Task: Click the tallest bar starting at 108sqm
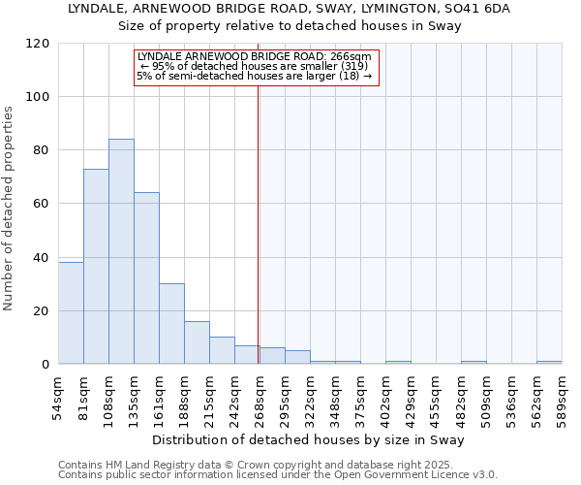coord(121,252)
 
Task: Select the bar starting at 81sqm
coord(96,267)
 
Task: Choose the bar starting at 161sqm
coord(171,324)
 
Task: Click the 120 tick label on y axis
coord(38,44)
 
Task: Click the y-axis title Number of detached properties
coord(9,209)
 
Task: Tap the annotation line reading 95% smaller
coord(255,66)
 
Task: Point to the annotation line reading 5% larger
coord(255,76)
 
